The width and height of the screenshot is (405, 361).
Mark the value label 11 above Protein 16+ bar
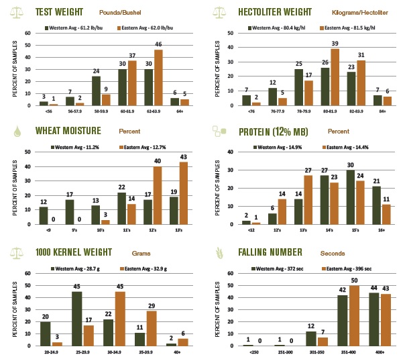pos(385,199)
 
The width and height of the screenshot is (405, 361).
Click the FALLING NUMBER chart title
pos(276,252)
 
